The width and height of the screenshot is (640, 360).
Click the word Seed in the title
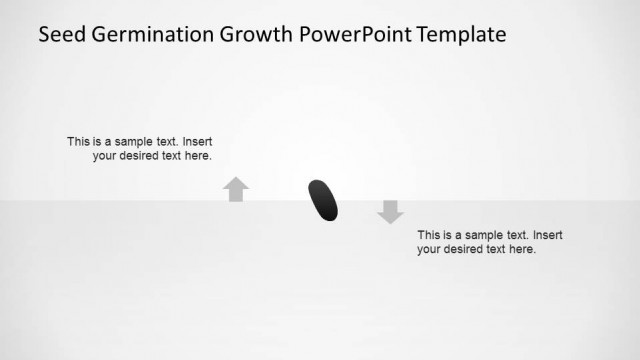[x=60, y=35]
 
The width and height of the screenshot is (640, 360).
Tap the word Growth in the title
[x=258, y=35]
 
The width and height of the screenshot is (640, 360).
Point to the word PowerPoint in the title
[x=358, y=35]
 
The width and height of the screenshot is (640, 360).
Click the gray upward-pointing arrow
[x=236, y=189]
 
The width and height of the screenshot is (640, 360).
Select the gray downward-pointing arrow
[x=390, y=211]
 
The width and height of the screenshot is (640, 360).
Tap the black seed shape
[x=323, y=199]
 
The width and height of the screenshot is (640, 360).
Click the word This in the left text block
[x=78, y=142]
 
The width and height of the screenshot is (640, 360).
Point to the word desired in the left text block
[x=145, y=156]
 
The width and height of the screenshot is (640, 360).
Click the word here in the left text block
[x=199, y=156]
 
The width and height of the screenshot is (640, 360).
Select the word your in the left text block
[x=106, y=156]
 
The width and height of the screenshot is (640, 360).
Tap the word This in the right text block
[x=429, y=235]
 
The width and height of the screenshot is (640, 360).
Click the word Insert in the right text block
[x=548, y=235]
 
